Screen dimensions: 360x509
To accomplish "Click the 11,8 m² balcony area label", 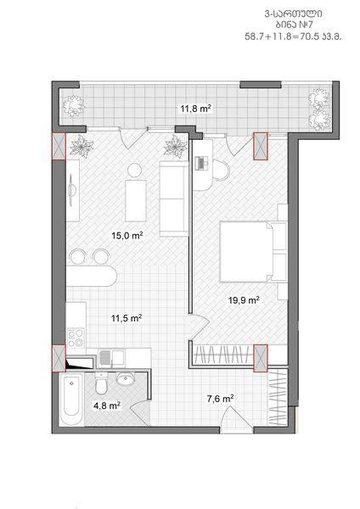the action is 196,109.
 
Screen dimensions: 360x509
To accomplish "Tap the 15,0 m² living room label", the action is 127,235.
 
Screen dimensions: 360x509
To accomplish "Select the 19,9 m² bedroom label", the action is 244,300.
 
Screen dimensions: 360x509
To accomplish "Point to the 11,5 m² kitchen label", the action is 127,318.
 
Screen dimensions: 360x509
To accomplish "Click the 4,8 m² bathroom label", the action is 107,406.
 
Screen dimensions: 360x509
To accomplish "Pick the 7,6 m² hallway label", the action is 221,399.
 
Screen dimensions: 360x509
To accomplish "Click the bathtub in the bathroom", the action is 71,399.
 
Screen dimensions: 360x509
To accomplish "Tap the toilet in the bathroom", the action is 101,383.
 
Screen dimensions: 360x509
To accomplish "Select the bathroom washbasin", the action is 125,379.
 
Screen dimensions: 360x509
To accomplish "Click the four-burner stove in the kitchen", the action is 76,338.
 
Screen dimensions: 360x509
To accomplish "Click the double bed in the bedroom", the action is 253,251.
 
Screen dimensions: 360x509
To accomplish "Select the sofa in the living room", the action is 174,199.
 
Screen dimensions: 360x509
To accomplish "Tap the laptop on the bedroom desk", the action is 202,163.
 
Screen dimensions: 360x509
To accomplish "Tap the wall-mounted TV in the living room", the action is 72,189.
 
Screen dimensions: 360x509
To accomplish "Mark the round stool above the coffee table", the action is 134,171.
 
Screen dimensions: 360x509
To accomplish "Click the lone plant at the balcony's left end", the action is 73,105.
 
